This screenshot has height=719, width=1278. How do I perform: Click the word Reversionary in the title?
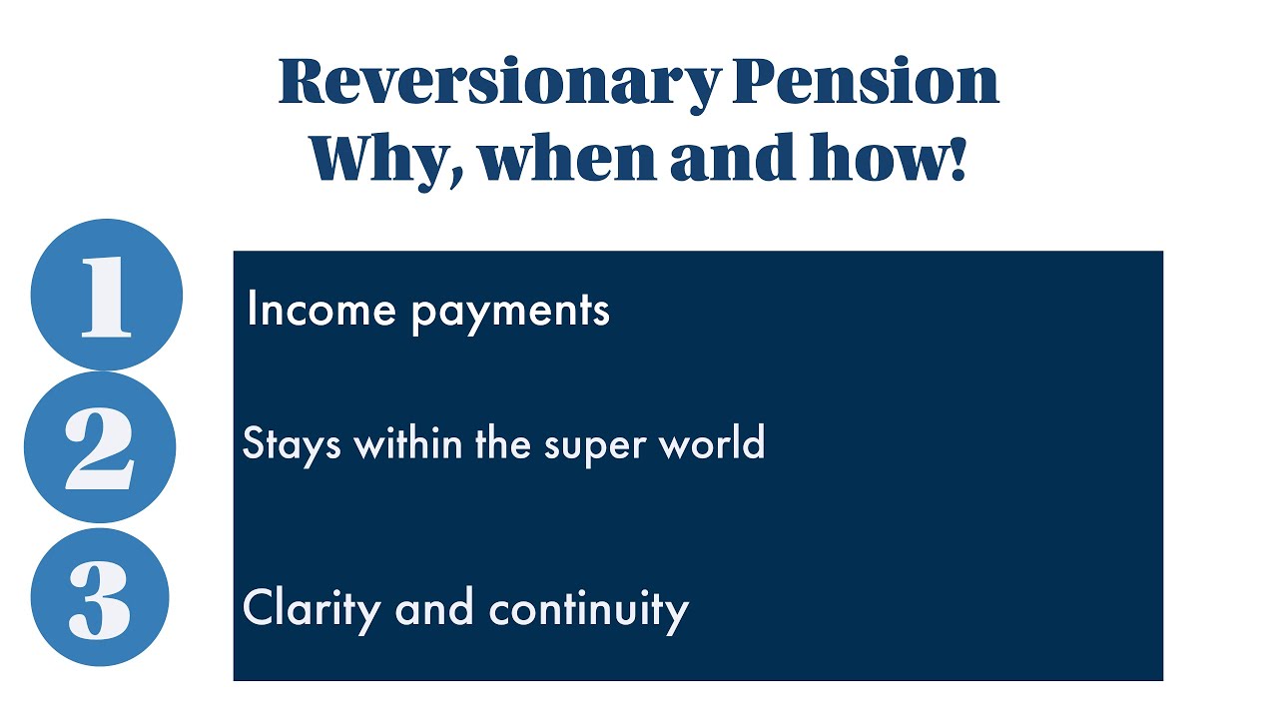[497, 82]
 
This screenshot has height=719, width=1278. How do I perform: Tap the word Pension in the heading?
[865, 82]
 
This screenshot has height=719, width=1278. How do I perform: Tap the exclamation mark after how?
[959, 158]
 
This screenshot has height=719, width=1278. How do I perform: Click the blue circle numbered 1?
[107, 295]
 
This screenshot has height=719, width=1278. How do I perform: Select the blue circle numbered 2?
[100, 447]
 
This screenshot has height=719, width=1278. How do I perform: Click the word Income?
[320, 309]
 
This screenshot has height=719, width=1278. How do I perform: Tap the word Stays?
[292, 443]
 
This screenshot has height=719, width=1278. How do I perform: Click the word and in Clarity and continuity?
[432, 607]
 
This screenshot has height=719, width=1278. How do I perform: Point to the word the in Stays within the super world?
[503, 442]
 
